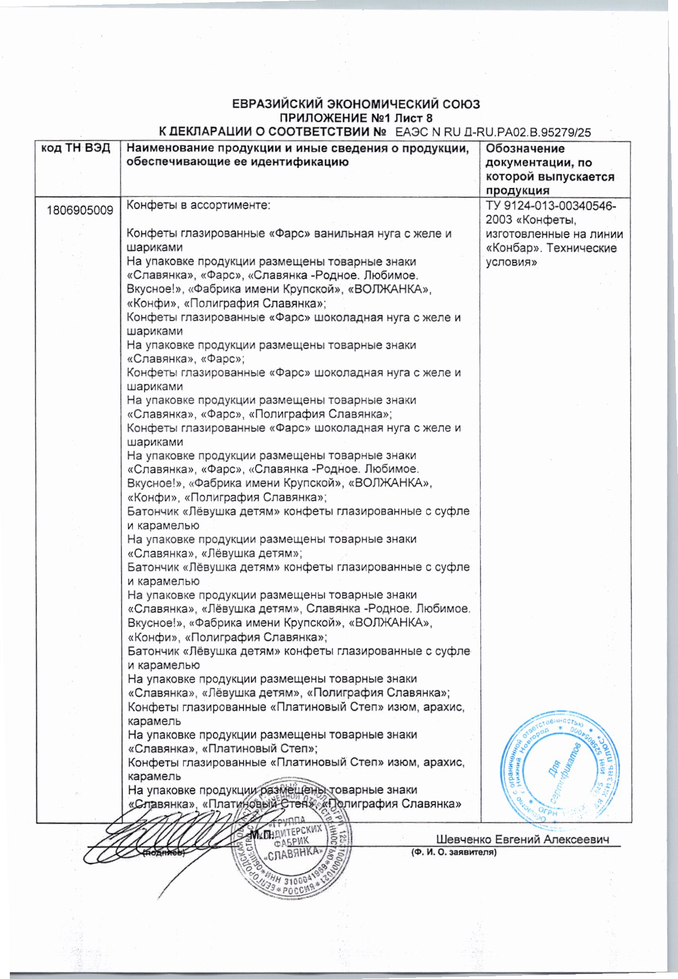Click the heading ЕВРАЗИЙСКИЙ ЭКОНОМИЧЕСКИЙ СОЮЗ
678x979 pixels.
click(x=356, y=104)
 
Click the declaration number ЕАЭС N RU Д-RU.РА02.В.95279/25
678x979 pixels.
click(x=492, y=132)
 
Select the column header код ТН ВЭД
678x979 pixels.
click(x=76, y=148)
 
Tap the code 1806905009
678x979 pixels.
click(x=80, y=211)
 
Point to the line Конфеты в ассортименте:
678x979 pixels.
click(x=198, y=205)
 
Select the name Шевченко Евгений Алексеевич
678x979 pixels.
click(x=522, y=839)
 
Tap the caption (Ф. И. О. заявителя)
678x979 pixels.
click(x=454, y=852)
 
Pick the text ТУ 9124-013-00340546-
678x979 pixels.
click(x=550, y=206)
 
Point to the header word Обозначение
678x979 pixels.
click(x=525, y=148)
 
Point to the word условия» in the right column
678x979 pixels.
click(x=511, y=262)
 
